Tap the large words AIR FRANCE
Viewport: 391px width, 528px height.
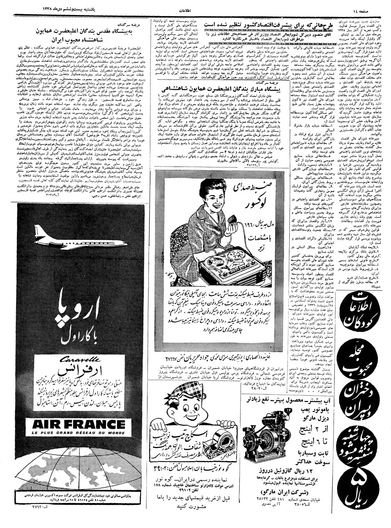pyautogui.click(x=75, y=425)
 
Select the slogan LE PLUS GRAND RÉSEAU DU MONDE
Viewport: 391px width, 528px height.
pyautogui.click(x=75, y=433)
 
